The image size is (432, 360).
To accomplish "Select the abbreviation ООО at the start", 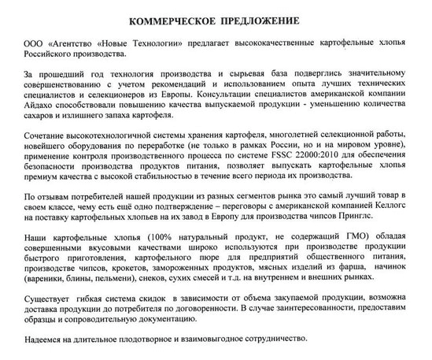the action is click(36, 41).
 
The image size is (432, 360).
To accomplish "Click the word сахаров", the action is click(44, 118).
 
